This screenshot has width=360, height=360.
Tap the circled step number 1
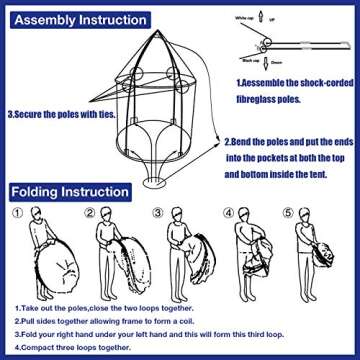[x=16, y=213]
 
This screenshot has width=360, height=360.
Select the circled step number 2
[x=90, y=213]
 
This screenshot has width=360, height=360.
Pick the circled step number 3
[x=159, y=213]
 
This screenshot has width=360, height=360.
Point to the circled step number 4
[x=232, y=213]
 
